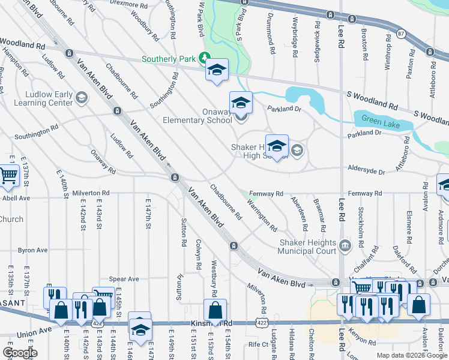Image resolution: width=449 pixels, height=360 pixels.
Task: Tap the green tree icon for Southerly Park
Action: tap(204, 58)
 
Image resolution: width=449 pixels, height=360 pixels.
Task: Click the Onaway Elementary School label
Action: tap(197, 116)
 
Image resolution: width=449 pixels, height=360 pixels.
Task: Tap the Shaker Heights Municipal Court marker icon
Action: tap(345, 245)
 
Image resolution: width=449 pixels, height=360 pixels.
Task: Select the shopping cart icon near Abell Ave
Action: tap(8, 176)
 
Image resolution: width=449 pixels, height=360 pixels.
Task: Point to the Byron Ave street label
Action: tap(32, 250)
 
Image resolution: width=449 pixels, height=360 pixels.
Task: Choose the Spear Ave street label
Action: tap(124, 279)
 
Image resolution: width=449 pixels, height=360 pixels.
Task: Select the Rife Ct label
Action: tap(258, 344)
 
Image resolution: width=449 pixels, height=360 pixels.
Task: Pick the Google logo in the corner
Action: tap(20, 353)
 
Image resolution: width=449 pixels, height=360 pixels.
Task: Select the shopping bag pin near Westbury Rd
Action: tap(214, 311)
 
